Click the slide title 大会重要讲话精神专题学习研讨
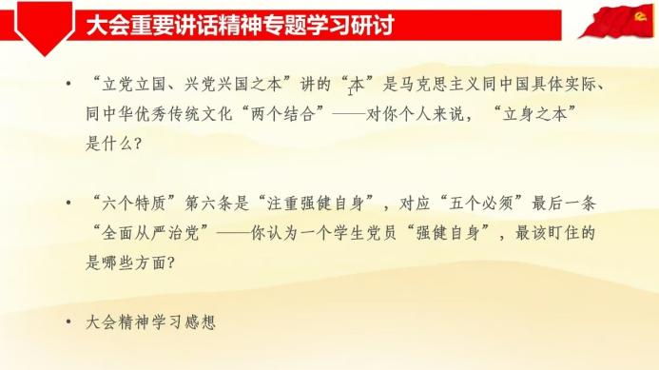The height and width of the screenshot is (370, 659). click(x=240, y=26)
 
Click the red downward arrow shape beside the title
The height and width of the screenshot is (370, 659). click(x=45, y=29)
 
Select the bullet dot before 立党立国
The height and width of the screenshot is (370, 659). click(x=68, y=84)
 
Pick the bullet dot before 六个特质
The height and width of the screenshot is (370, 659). click(x=68, y=204)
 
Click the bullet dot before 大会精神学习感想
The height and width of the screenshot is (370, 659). click(x=68, y=322)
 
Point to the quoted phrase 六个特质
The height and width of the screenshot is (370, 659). click(x=134, y=204)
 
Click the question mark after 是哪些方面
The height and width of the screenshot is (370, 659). click(x=171, y=263)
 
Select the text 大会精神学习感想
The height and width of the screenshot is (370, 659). click(x=151, y=322)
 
